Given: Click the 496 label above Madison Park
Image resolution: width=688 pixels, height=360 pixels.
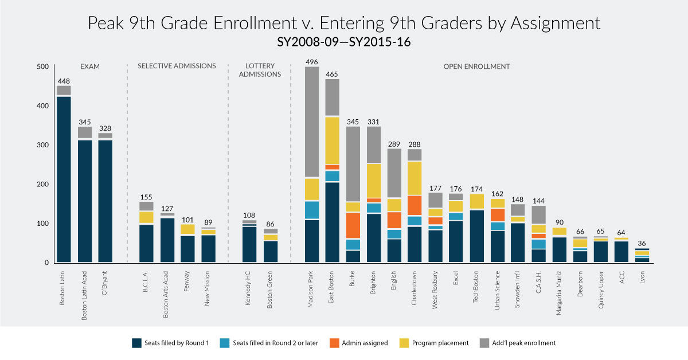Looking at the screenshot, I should click(312, 62).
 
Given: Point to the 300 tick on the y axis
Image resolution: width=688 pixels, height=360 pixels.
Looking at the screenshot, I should click(43, 145).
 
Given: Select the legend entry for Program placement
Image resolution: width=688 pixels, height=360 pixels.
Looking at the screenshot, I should click(439, 343).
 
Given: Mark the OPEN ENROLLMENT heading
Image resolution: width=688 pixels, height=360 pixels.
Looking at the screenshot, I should click(476, 66).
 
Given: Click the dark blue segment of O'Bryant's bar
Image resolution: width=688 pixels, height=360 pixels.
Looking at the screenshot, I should click(105, 201).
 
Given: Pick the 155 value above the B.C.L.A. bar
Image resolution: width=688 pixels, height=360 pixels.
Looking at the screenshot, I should click(146, 197).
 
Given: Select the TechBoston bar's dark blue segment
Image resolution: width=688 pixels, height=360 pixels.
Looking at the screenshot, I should click(476, 236).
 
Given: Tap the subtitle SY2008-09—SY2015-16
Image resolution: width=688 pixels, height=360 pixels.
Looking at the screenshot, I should click(343, 42).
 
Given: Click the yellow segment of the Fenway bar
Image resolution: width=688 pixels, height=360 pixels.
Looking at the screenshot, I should click(187, 229).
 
